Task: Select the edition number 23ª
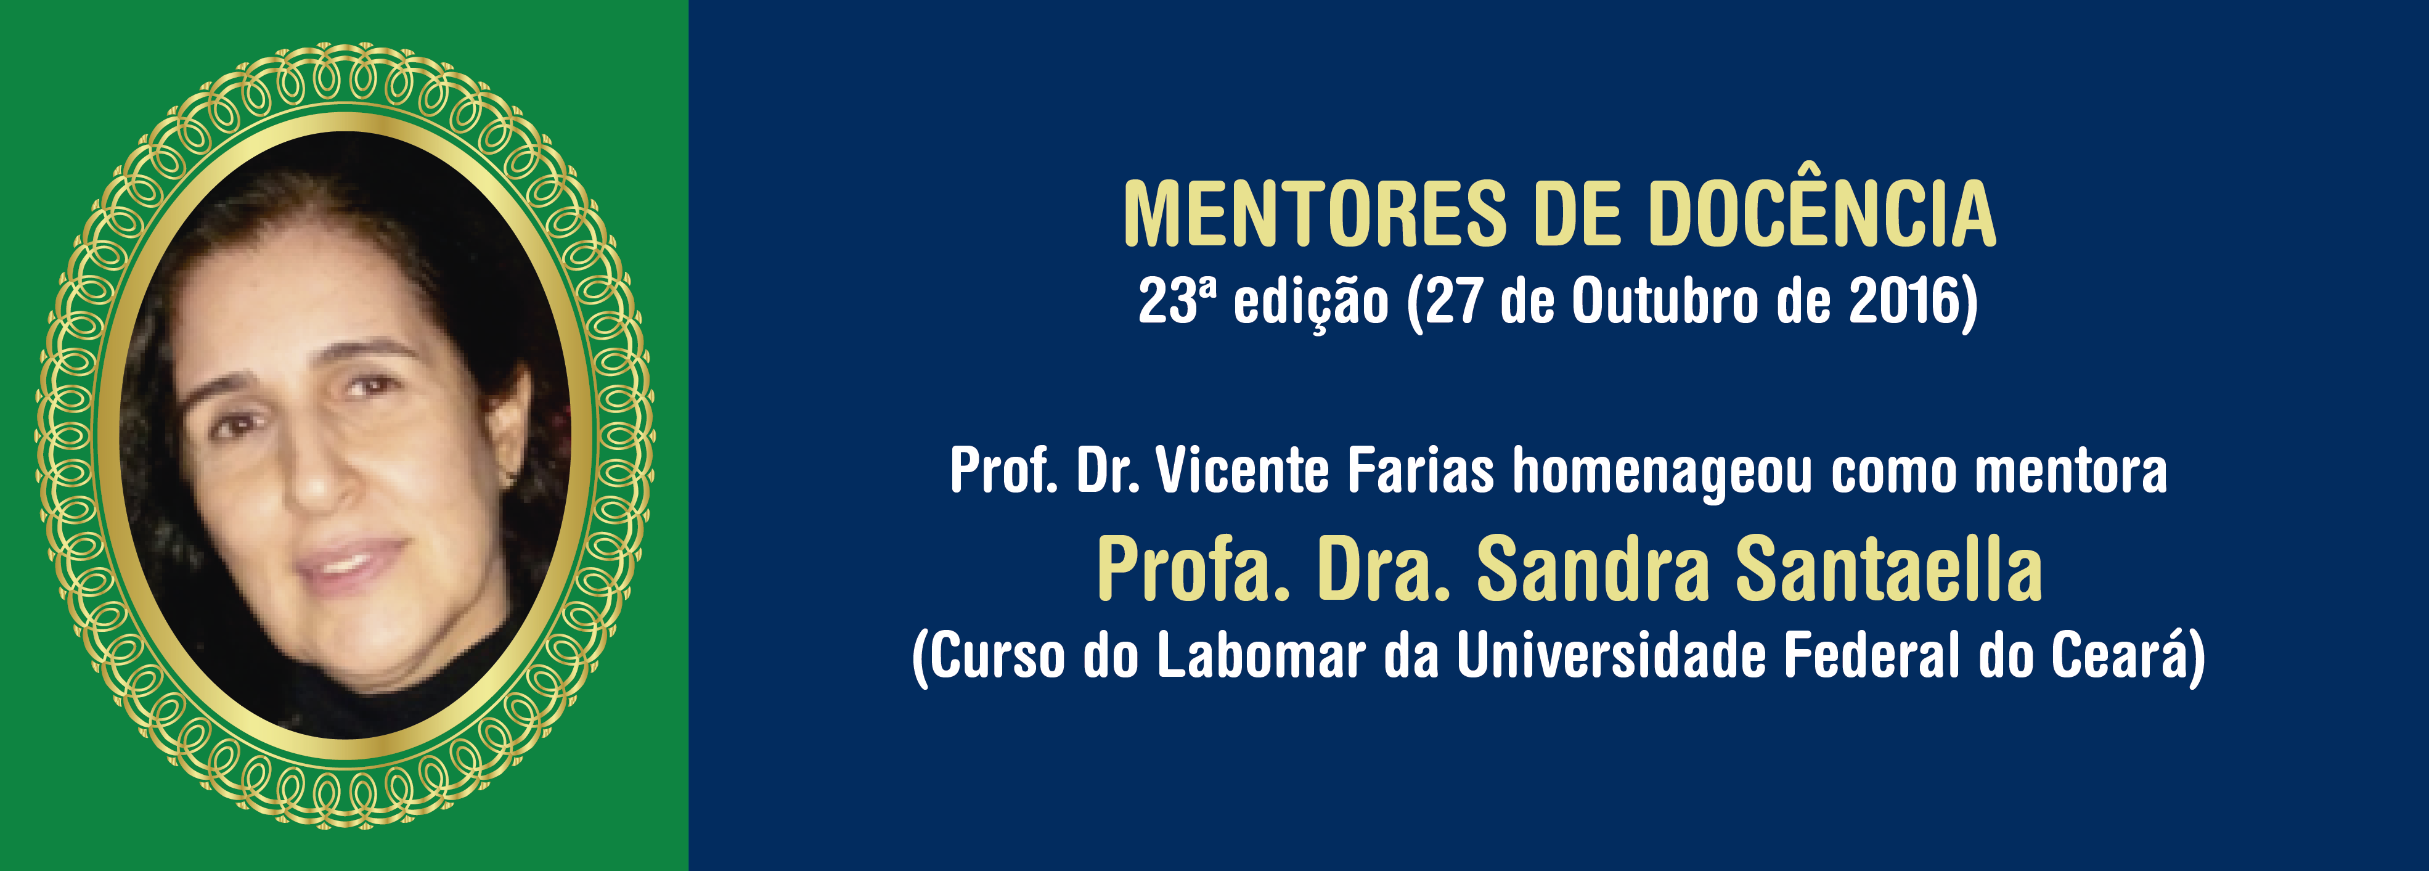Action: click(x=1177, y=301)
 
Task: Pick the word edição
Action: click(x=1311, y=303)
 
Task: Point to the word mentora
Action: click(x=2071, y=472)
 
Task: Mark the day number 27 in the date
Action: click(x=1452, y=301)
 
